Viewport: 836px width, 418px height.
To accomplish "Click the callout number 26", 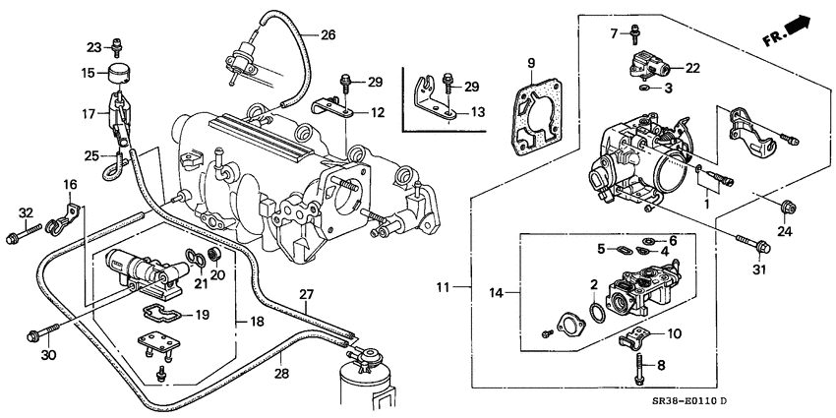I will (328, 36).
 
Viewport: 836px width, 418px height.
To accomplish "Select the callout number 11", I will (444, 287).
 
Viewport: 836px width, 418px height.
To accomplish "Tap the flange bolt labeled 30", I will (39, 334).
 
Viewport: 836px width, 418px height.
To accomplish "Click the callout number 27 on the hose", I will (306, 293).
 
